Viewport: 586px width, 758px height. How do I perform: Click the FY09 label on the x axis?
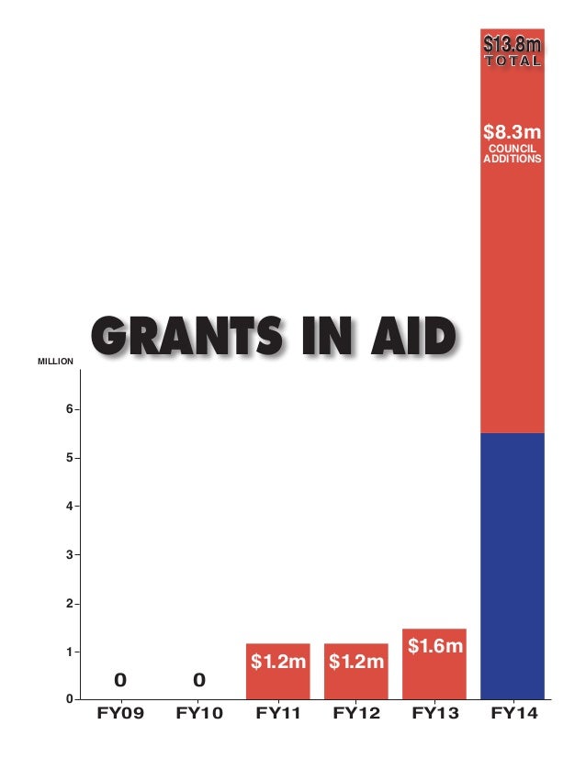[121, 713]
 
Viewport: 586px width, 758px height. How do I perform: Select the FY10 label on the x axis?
[199, 713]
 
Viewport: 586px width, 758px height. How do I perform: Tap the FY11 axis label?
[278, 713]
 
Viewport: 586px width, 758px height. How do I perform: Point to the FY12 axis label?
[356, 713]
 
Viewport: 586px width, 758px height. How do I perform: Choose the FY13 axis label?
[434, 713]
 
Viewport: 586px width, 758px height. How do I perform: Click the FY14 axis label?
[513, 713]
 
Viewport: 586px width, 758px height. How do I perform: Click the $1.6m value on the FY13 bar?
[434, 648]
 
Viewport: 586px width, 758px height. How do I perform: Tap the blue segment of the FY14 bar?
[513, 564]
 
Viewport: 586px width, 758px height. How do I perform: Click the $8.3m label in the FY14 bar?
[513, 131]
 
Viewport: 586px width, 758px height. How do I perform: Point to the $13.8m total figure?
[513, 44]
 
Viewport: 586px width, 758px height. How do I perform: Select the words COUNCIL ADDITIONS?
[513, 152]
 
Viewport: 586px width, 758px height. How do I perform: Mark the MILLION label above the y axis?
[55, 362]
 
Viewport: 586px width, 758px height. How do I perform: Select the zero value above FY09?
[119, 680]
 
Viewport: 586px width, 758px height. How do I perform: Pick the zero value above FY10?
[198, 680]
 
